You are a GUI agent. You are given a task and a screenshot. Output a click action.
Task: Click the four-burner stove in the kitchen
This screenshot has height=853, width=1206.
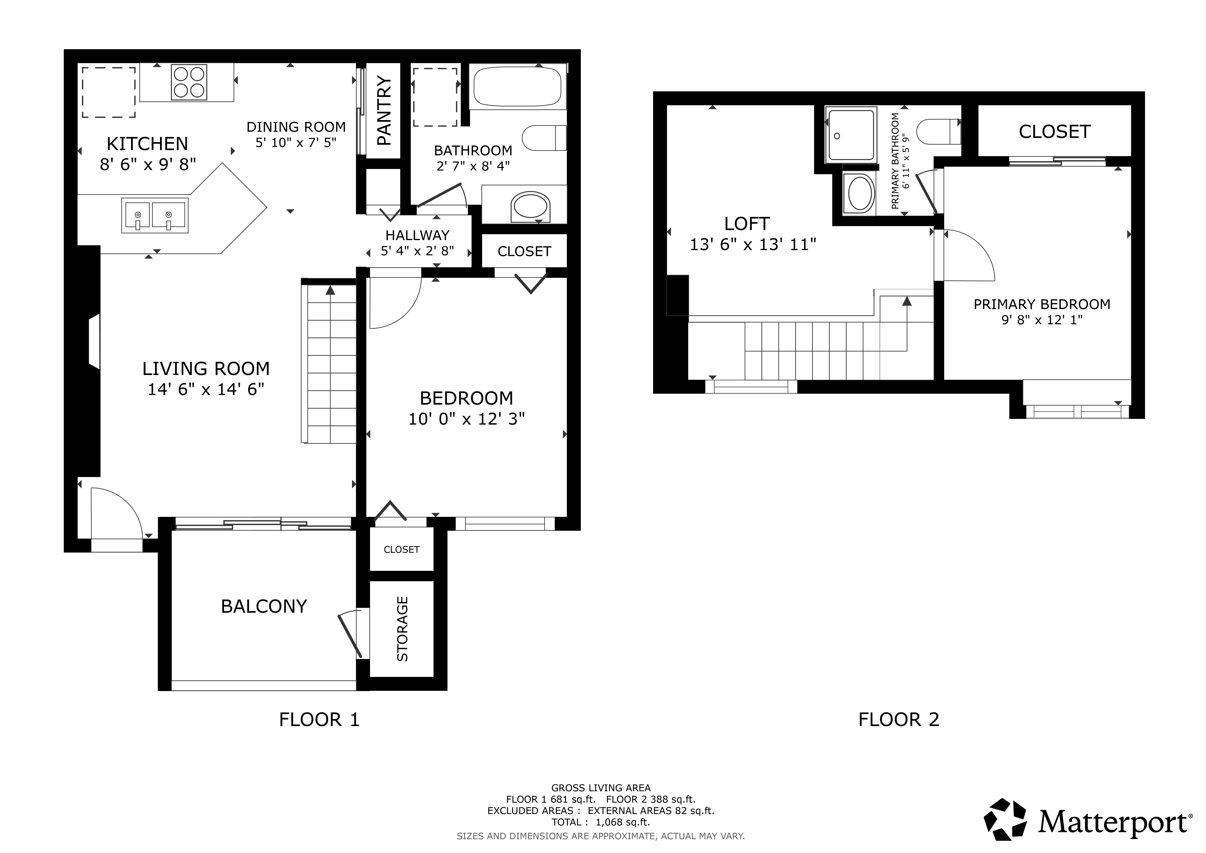tap(189, 82)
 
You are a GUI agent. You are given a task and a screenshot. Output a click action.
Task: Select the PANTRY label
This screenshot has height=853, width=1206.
tap(384, 111)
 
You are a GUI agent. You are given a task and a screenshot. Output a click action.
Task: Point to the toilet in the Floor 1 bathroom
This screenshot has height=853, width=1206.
tap(544, 138)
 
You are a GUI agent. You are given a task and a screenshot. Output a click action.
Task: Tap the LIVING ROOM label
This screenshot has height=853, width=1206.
tap(206, 369)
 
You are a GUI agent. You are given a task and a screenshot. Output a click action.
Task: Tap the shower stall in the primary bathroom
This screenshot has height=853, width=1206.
tap(851, 135)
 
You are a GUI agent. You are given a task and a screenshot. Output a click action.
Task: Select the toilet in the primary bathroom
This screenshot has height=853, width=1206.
tap(939, 131)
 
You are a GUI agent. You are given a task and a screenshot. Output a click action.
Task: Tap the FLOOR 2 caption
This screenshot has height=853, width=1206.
tap(899, 720)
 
